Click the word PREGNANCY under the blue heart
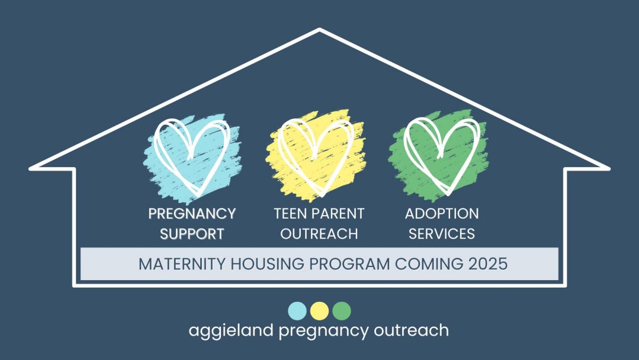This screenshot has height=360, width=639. click(192, 214)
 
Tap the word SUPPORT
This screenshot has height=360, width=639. click(192, 234)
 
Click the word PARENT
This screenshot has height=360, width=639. click(338, 214)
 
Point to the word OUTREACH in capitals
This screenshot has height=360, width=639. click(319, 234)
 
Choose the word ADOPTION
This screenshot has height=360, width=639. click(442, 214)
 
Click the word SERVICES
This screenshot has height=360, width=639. click(442, 234)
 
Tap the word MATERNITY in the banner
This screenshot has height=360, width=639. click(182, 264)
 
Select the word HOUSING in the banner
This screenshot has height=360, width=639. click(267, 264)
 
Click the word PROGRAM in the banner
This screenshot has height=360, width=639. click(350, 264)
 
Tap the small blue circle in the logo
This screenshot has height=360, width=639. click(297, 311)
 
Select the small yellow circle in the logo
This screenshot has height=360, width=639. click(319, 311)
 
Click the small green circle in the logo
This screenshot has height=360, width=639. click(342, 311)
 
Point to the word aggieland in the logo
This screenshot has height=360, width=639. click(231, 331)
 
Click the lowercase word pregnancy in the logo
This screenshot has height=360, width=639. click(324, 331)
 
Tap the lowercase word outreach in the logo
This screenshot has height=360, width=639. click(411, 330)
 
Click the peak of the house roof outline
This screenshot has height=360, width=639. click(319, 29)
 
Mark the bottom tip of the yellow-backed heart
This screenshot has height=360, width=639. click(322, 195)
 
